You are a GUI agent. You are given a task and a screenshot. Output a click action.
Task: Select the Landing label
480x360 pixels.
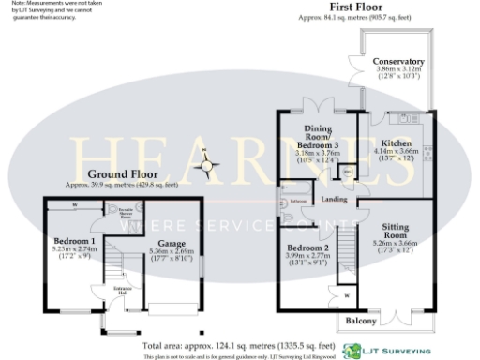pyautogui.click(x=336, y=199)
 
